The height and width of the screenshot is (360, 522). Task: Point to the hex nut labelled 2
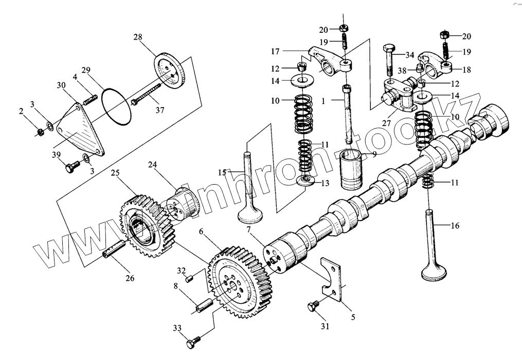coord(40,133)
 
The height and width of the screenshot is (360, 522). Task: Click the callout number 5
coord(353,317)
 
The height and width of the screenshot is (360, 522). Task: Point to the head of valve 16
coord(433,272)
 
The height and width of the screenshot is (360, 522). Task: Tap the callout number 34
coord(409,55)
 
